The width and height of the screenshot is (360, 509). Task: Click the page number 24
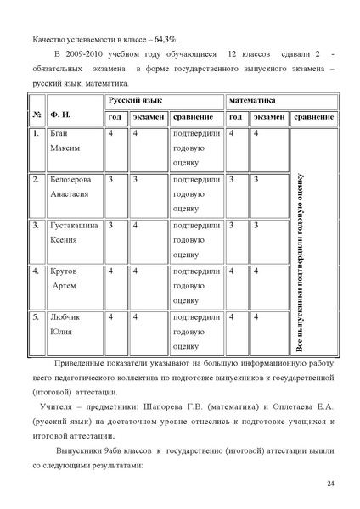[330, 483]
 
